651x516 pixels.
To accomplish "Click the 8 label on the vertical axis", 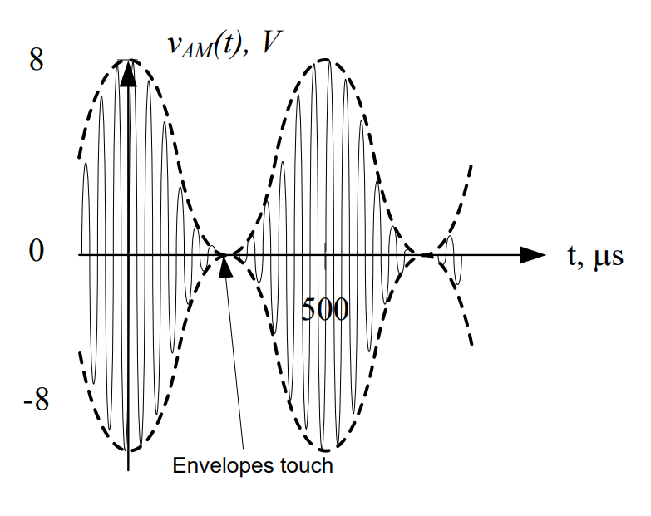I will [x=36, y=62].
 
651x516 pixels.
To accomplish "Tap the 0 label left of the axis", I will [x=36, y=251].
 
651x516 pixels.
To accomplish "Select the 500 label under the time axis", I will [x=325, y=310].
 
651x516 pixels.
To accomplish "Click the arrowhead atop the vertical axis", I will [x=127, y=73].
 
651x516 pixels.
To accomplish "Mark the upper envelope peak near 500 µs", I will [x=326, y=60].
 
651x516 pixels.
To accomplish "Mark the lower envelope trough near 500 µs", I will [x=326, y=450].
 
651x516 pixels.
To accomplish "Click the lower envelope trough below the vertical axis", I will [x=128, y=450].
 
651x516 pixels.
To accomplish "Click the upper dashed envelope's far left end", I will [x=79, y=156].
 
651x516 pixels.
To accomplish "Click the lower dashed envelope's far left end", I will [x=79, y=352].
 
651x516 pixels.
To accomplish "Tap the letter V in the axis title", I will [x=269, y=44].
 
